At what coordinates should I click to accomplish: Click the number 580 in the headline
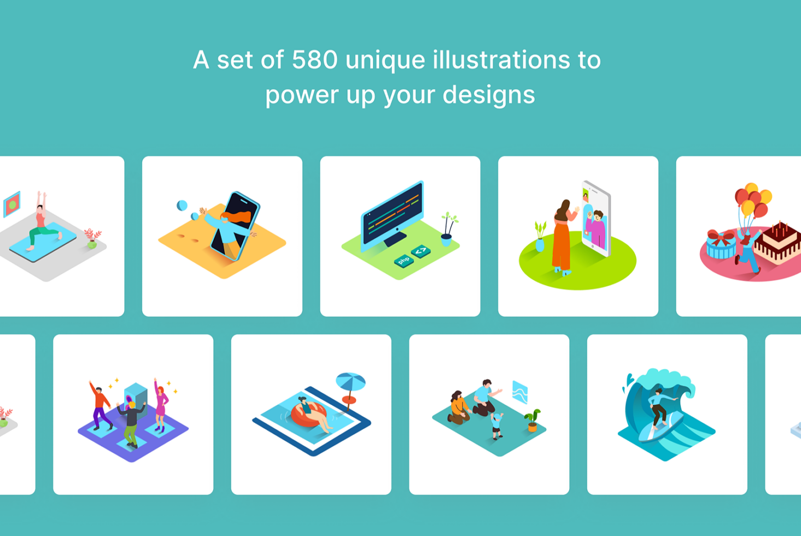tap(315, 60)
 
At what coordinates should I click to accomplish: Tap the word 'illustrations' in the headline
tap(501, 60)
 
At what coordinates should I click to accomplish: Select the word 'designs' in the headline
tap(488, 95)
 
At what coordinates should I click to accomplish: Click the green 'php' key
tap(404, 260)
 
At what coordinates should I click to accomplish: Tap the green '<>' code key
tap(421, 251)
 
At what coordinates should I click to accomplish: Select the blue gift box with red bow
tap(721, 244)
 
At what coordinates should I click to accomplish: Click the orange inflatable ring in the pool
tap(308, 414)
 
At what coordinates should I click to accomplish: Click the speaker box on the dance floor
tap(136, 399)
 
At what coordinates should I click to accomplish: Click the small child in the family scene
tap(496, 426)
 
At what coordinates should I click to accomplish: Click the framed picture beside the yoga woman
tap(12, 204)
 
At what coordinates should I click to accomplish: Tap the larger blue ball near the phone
tap(182, 206)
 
